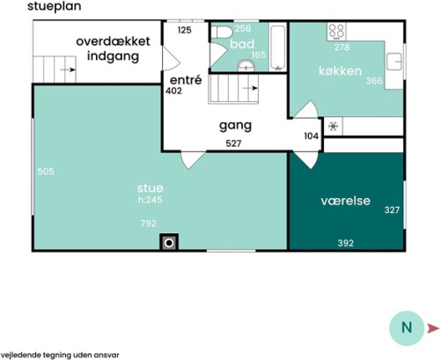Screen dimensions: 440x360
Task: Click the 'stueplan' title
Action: tap(55, 6)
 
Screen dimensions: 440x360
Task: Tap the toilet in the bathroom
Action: tap(222, 32)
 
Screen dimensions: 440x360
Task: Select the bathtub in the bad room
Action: tap(277, 48)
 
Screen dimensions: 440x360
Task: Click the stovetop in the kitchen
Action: tap(336, 32)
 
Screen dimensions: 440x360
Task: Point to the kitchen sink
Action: tap(394, 62)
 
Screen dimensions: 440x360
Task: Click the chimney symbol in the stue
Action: tap(169, 243)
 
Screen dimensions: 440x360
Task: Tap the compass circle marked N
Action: tap(407, 328)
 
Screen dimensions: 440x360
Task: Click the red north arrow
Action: tap(433, 328)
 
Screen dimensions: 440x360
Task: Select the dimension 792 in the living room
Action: tap(149, 224)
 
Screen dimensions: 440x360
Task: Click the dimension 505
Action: tap(46, 172)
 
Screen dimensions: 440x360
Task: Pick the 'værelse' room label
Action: tap(346, 201)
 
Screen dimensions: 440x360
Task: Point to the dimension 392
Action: tap(346, 243)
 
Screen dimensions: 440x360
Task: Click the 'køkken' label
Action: tap(341, 71)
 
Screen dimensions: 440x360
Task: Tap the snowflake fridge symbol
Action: tap(334, 126)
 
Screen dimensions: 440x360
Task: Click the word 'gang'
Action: tap(236, 126)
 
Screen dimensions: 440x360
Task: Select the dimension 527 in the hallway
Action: tap(233, 143)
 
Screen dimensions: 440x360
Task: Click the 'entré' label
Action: tap(186, 80)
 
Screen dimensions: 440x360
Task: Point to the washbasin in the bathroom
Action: tap(246, 65)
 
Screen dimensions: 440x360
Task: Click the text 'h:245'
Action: tap(150, 200)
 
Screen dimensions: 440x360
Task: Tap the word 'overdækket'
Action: tap(114, 41)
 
